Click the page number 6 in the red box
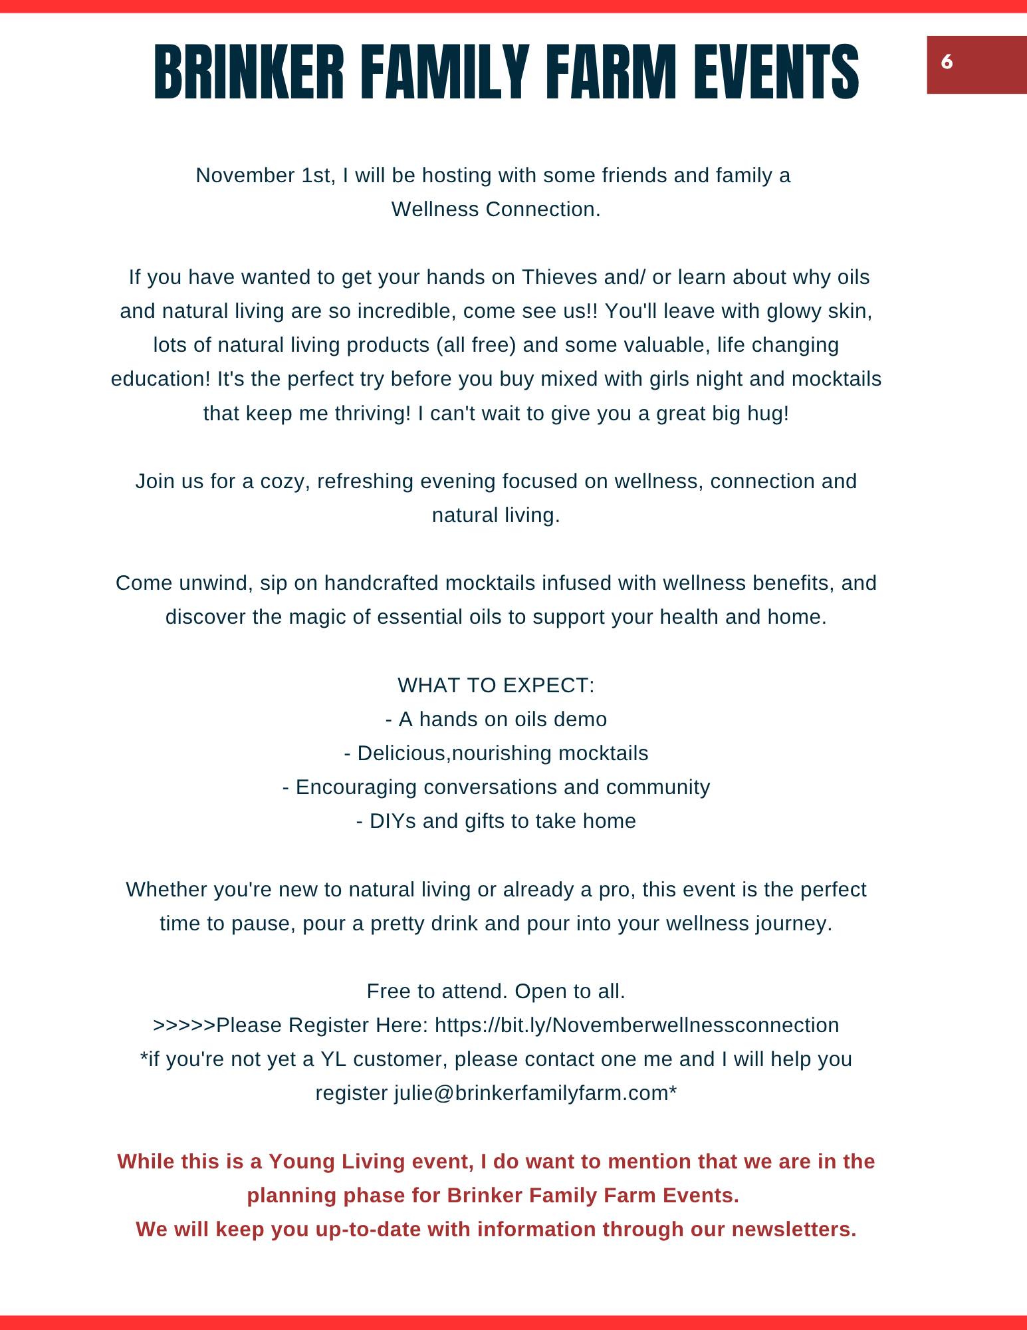click(x=947, y=63)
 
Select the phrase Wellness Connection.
click(x=496, y=209)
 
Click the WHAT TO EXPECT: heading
click(x=496, y=686)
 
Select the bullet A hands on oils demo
click(x=496, y=720)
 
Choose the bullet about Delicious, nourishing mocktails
click(x=496, y=753)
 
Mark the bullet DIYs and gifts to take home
click(x=496, y=821)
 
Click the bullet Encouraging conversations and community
click(x=496, y=787)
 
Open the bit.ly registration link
click(x=637, y=1025)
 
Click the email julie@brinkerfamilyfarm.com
click(x=532, y=1093)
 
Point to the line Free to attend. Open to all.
click(x=496, y=992)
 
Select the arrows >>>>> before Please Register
click(x=184, y=1025)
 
